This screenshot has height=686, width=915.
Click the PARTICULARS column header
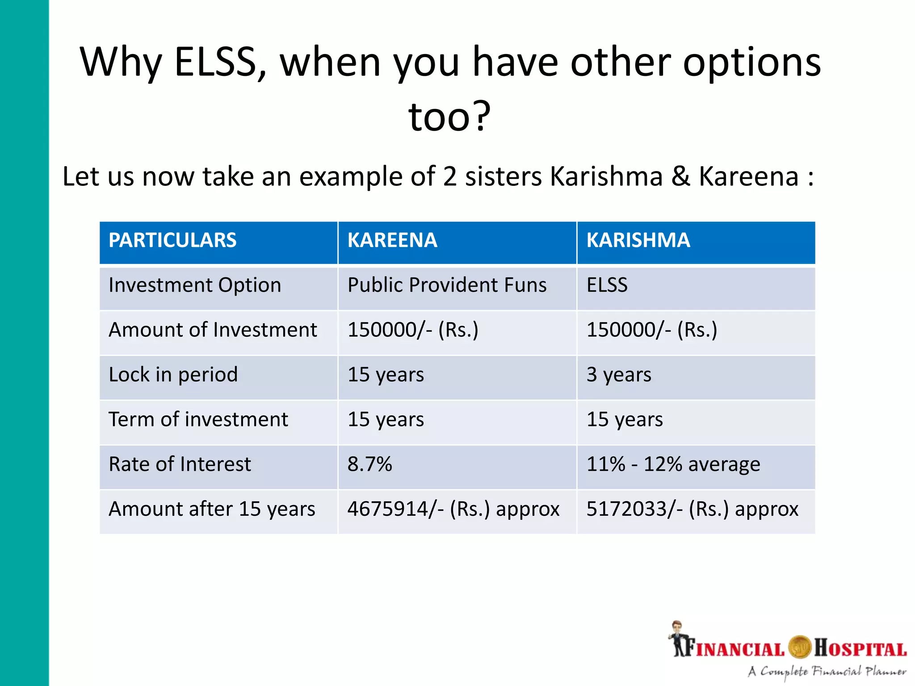point(172,240)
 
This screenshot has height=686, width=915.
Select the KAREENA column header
point(392,240)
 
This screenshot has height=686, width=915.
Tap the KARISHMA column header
point(638,240)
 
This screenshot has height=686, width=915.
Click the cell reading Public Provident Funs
point(447,285)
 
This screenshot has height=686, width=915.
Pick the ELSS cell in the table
point(607,285)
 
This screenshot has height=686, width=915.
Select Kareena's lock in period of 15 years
point(386,375)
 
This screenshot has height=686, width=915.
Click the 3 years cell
point(619,375)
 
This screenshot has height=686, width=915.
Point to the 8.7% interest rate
point(369,464)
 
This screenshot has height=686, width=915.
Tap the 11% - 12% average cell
point(673,464)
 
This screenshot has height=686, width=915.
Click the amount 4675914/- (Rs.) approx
point(453,509)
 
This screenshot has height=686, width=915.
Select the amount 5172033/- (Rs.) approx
point(692,509)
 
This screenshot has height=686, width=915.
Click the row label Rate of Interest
point(180,464)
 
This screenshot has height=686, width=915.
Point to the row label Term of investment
point(198,420)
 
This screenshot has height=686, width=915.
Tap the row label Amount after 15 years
point(212,509)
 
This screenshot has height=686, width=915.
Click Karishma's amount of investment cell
point(651,330)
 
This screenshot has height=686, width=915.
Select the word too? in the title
point(449,117)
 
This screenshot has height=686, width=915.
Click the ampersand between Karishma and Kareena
point(680,176)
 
